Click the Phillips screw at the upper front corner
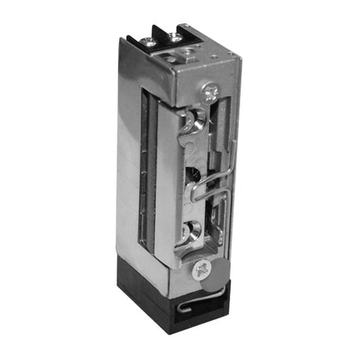210,92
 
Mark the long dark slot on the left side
146,172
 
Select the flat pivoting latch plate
166,180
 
